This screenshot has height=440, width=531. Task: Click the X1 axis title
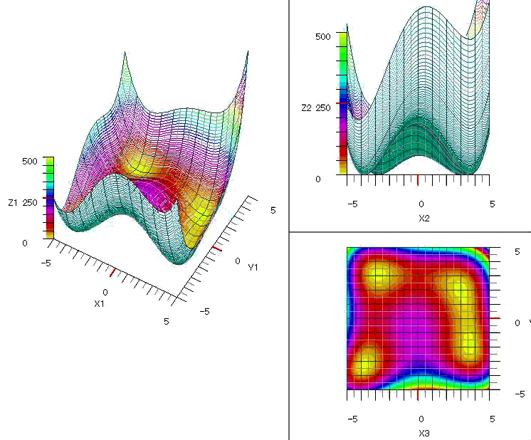(x=100, y=303)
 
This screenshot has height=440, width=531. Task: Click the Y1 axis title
(x=253, y=267)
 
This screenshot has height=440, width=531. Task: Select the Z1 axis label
(x=12, y=203)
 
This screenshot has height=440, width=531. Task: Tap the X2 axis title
(x=424, y=218)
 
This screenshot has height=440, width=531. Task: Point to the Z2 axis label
(x=306, y=108)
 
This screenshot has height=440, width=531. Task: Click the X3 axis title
(x=424, y=433)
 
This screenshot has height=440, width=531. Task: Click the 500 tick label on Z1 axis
(x=28, y=162)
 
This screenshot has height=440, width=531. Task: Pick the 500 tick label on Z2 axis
(x=322, y=36)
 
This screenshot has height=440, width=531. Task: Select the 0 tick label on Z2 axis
(x=318, y=179)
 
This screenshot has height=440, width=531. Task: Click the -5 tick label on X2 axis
(x=352, y=204)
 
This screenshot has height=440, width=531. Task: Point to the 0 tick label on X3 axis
(x=421, y=419)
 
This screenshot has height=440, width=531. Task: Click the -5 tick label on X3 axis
(x=352, y=419)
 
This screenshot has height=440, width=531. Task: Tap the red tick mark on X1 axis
(x=112, y=271)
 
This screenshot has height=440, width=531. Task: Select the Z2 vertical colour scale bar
(x=342, y=102)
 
